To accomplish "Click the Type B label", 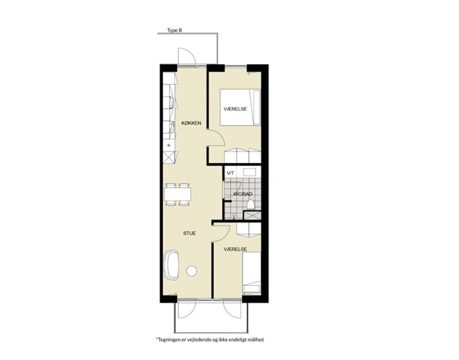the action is pyautogui.click(x=174, y=31).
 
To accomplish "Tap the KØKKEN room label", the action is pyautogui.click(x=192, y=123).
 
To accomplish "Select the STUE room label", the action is pyautogui.click(x=189, y=233).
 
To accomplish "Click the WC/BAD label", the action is pyautogui.click(x=243, y=194).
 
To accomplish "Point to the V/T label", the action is pyautogui.click(x=231, y=173).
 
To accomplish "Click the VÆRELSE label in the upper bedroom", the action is pyautogui.click(x=235, y=109).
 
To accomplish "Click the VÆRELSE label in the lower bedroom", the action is pyautogui.click(x=235, y=249).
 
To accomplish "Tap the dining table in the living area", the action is pyautogui.click(x=178, y=194).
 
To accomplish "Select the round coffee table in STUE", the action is pyautogui.click(x=192, y=271).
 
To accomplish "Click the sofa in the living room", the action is pyautogui.click(x=172, y=265).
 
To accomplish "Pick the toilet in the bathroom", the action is pyautogui.click(x=251, y=204).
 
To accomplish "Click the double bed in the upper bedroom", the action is pyautogui.click(x=241, y=108).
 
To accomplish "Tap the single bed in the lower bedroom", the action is pyautogui.click(x=252, y=272).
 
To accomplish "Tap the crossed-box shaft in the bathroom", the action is pyautogui.click(x=252, y=215).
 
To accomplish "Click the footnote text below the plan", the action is pyautogui.click(x=210, y=340).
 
